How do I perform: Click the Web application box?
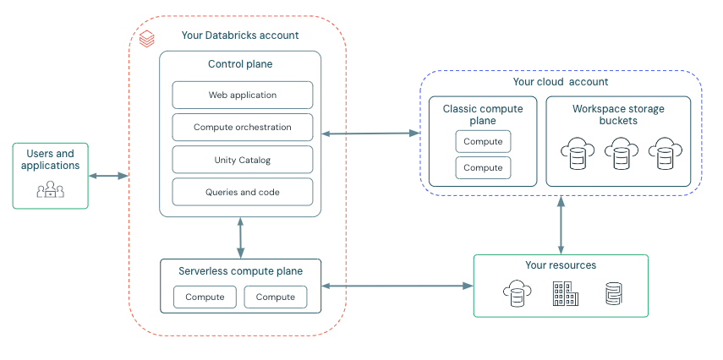pos(243,95)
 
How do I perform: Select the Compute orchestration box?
pos(243,127)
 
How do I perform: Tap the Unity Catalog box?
pos(243,160)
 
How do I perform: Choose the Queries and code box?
pos(243,192)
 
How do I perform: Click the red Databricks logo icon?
pos(147,38)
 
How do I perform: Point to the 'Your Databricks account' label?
pos(240,35)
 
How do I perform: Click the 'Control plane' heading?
pos(240,64)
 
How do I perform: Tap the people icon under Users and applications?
pos(50,190)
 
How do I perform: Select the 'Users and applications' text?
pos(50,160)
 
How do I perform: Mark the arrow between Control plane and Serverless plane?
pos(242,237)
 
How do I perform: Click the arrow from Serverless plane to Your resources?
pos(397,286)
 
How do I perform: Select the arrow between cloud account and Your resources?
pos(560,226)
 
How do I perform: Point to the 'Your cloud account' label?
pos(561,82)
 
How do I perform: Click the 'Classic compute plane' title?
pos(483,115)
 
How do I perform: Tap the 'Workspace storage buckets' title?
pos(618,115)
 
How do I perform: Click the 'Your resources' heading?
pos(561,265)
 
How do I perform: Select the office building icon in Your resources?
pos(565,295)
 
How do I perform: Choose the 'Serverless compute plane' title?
pos(241,271)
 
